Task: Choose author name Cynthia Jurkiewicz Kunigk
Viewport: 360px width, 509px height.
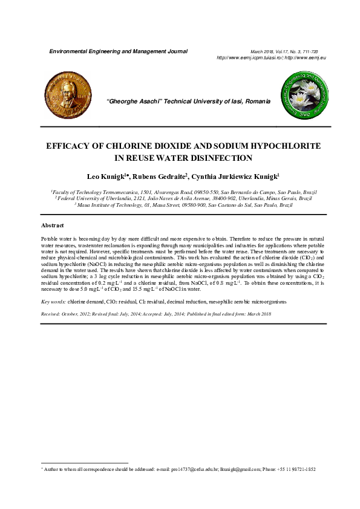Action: point(238,177)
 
